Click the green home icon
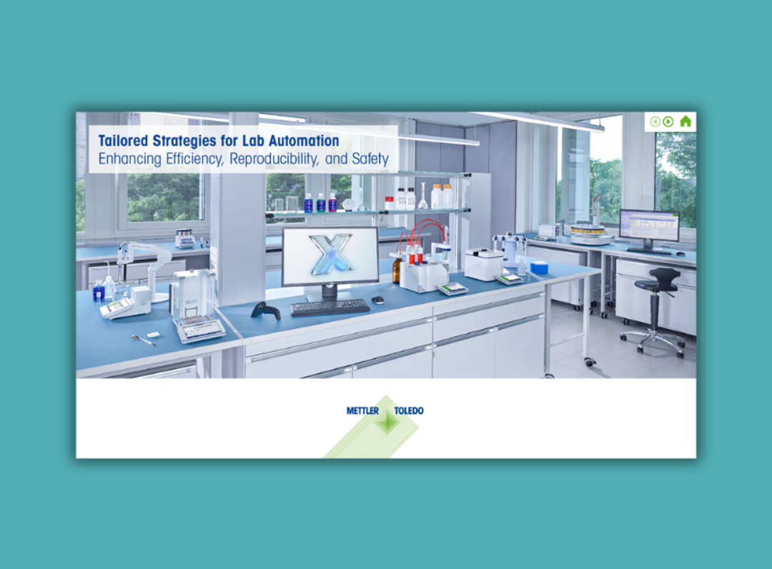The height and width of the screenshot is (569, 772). coord(686,121)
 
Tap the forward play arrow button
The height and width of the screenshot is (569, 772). coord(668,121)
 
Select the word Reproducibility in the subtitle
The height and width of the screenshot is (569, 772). coord(274,159)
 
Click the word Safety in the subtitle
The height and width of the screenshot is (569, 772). coord(370,159)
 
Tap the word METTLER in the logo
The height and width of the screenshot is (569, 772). coord(362,411)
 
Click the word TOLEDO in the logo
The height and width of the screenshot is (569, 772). coord(409,411)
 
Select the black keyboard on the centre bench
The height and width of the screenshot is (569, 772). coord(330,308)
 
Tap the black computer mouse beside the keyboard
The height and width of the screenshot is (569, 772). coord(378,301)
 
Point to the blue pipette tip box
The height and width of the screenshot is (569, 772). coord(538,267)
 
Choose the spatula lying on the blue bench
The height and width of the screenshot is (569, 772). coord(144,340)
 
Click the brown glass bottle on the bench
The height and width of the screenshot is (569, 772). coord(397,271)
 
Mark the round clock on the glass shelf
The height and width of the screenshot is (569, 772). coord(349,204)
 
